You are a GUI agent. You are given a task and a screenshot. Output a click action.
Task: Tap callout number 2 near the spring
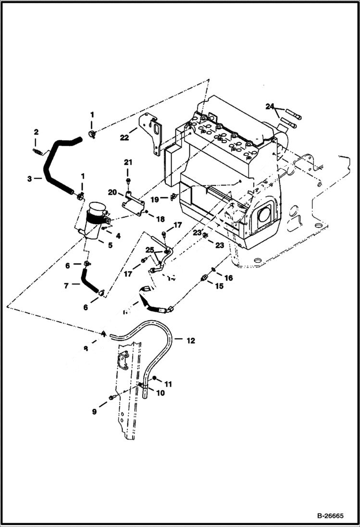[x=36, y=132]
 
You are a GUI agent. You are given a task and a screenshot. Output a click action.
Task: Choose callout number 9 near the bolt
[x=95, y=412]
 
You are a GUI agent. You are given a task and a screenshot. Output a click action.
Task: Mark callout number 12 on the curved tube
[x=191, y=341]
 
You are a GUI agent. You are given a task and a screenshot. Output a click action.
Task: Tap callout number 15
[x=219, y=286]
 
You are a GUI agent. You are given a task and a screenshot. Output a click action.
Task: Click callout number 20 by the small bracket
[x=112, y=192]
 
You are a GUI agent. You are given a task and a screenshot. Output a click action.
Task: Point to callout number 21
[x=128, y=162]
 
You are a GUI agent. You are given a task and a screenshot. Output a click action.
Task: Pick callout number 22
[x=124, y=137]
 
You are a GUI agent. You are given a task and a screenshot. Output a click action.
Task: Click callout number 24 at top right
[x=270, y=106]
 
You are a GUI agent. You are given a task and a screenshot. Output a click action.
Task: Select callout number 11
[x=168, y=384]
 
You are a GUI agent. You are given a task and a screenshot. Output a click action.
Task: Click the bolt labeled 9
[x=112, y=397]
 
